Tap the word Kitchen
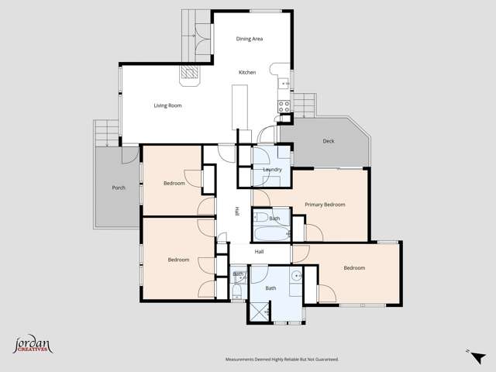click(247, 73)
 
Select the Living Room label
click(167, 105)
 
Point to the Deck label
click(329, 141)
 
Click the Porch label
click(119, 188)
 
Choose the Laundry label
click(272, 170)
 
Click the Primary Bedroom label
click(325, 205)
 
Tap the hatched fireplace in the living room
click(190, 74)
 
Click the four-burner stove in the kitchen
click(284, 108)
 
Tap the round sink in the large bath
click(296, 276)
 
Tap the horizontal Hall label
click(260, 252)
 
